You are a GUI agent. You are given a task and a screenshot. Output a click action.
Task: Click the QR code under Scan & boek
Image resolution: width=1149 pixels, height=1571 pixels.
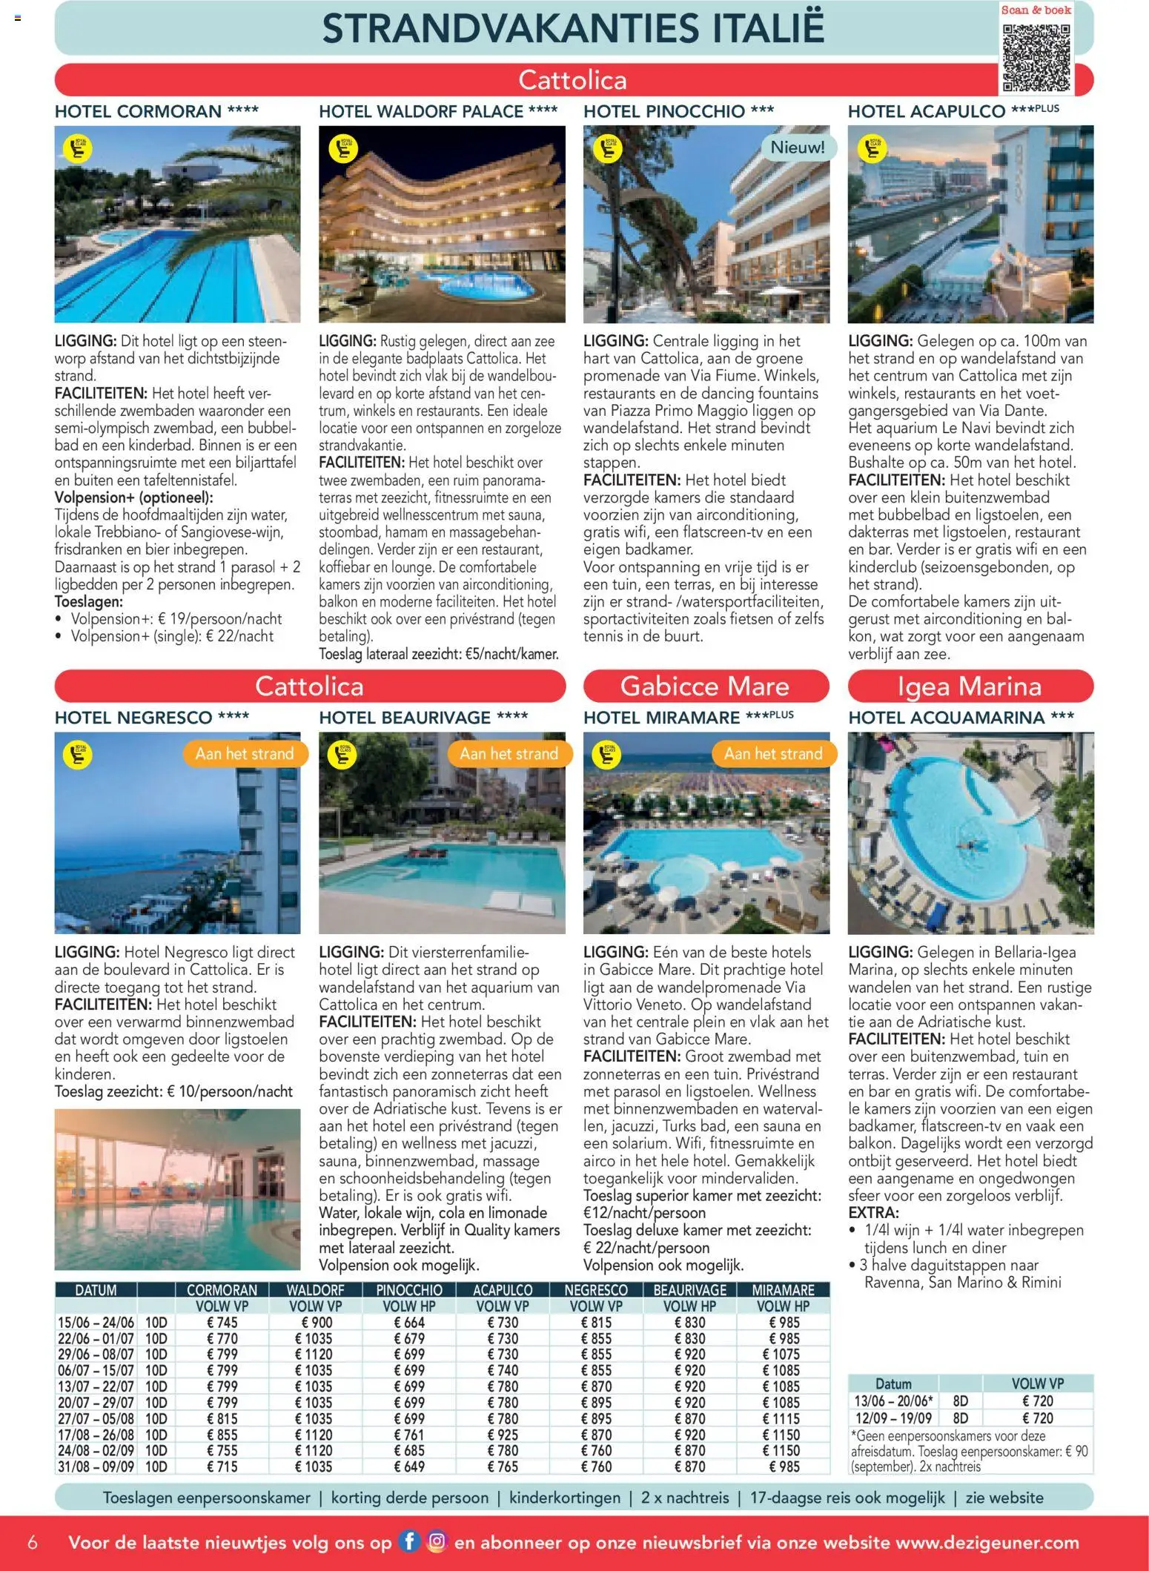point(1036,57)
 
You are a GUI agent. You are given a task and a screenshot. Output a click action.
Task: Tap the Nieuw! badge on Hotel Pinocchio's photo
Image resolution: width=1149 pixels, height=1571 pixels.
point(797,148)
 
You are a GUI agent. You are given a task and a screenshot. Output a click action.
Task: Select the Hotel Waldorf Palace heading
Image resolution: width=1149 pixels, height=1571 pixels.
point(438,112)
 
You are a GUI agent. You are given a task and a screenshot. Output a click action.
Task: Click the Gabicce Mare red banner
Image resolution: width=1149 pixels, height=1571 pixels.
point(705,686)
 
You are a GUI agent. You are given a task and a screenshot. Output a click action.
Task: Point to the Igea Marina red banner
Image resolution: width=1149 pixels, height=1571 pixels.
point(970,686)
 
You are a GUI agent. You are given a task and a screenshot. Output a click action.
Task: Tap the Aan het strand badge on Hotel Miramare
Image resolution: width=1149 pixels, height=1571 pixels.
point(773,754)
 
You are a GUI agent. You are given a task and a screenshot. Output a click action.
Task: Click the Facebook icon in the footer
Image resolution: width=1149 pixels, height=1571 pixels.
point(409,1542)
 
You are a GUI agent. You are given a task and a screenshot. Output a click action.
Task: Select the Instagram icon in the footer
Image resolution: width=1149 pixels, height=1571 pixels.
point(437,1542)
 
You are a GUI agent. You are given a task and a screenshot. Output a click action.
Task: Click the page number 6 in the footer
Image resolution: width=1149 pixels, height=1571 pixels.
point(33,1542)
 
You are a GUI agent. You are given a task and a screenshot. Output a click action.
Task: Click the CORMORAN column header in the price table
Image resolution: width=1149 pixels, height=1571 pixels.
point(222,1290)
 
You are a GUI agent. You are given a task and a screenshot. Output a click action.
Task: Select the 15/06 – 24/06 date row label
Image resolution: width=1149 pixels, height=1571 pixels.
point(96,1322)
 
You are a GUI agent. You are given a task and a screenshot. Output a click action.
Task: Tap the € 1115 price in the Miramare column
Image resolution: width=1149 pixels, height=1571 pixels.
point(781,1418)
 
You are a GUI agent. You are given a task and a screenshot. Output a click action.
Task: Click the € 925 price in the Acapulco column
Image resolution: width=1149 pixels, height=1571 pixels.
point(503,1435)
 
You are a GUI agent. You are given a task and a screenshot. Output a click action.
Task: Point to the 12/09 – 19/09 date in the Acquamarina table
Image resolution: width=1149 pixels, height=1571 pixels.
point(893,1418)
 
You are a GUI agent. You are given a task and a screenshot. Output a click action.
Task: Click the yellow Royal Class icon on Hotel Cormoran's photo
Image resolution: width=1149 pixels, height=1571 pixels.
point(78,149)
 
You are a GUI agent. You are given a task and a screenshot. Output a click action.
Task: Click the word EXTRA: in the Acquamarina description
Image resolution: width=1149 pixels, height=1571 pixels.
point(873,1213)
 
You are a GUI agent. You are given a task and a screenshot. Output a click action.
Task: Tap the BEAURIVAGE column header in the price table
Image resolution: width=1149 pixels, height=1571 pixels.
point(689,1290)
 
